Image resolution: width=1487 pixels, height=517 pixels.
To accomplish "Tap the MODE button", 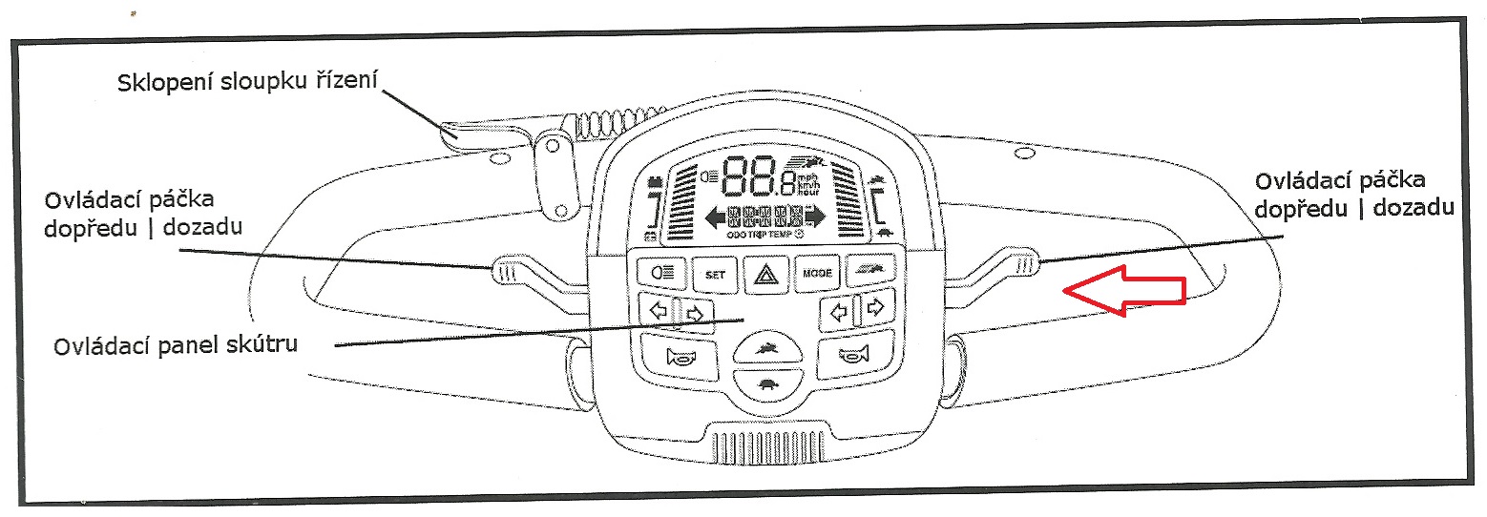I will point(817,274).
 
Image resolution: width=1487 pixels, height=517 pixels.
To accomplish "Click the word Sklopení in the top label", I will point(160,83).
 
